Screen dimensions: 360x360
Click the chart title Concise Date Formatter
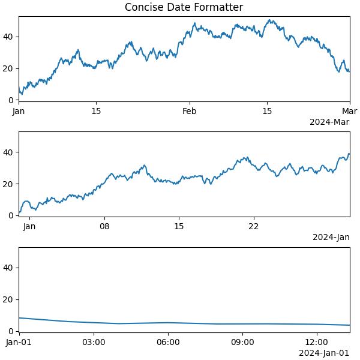click(184, 7)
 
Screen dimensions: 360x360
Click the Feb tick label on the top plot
click(189, 111)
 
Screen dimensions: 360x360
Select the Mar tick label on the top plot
click(350, 111)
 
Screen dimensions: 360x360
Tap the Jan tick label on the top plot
click(19, 111)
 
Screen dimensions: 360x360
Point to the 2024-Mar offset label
click(329, 122)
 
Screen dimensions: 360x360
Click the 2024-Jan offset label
click(331, 237)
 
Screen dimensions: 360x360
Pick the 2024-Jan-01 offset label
click(324, 353)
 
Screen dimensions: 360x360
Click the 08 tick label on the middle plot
click(104, 226)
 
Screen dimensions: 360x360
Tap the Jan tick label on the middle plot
click(29, 226)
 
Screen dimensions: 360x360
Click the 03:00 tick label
click(94, 342)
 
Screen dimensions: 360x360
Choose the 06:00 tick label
click(168, 342)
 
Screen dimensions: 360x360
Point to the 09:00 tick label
click(242, 342)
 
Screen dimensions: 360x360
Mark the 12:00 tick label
click(317, 342)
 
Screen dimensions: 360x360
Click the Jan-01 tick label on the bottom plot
click(19, 342)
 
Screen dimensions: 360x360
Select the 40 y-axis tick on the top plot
click(9, 37)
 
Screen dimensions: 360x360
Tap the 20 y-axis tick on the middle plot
click(9, 184)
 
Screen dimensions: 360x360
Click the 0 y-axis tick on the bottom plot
click(11, 331)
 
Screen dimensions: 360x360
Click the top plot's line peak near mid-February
click(271, 20)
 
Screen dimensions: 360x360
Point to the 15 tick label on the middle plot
click(179, 226)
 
